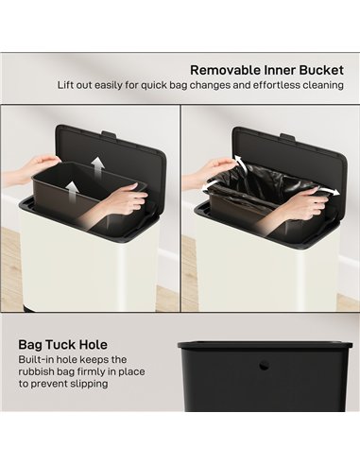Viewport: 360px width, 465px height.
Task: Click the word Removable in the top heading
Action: tap(224, 69)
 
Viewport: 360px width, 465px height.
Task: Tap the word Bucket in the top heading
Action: tap(317, 69)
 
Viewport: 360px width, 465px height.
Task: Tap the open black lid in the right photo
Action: tap(283, 151)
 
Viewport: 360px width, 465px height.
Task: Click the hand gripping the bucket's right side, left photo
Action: tap(122, 200)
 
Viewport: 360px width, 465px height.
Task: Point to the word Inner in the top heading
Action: tap(272, 69)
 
